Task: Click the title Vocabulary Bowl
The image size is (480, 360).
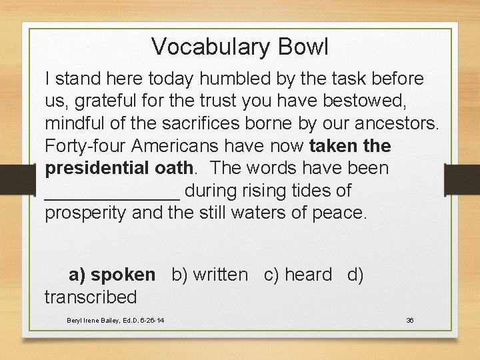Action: (240, 47)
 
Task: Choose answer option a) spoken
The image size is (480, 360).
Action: (112, 275)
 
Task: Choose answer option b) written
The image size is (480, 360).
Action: (209, 275)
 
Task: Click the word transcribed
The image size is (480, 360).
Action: (91, 297)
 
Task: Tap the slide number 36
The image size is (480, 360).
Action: (410, 321)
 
